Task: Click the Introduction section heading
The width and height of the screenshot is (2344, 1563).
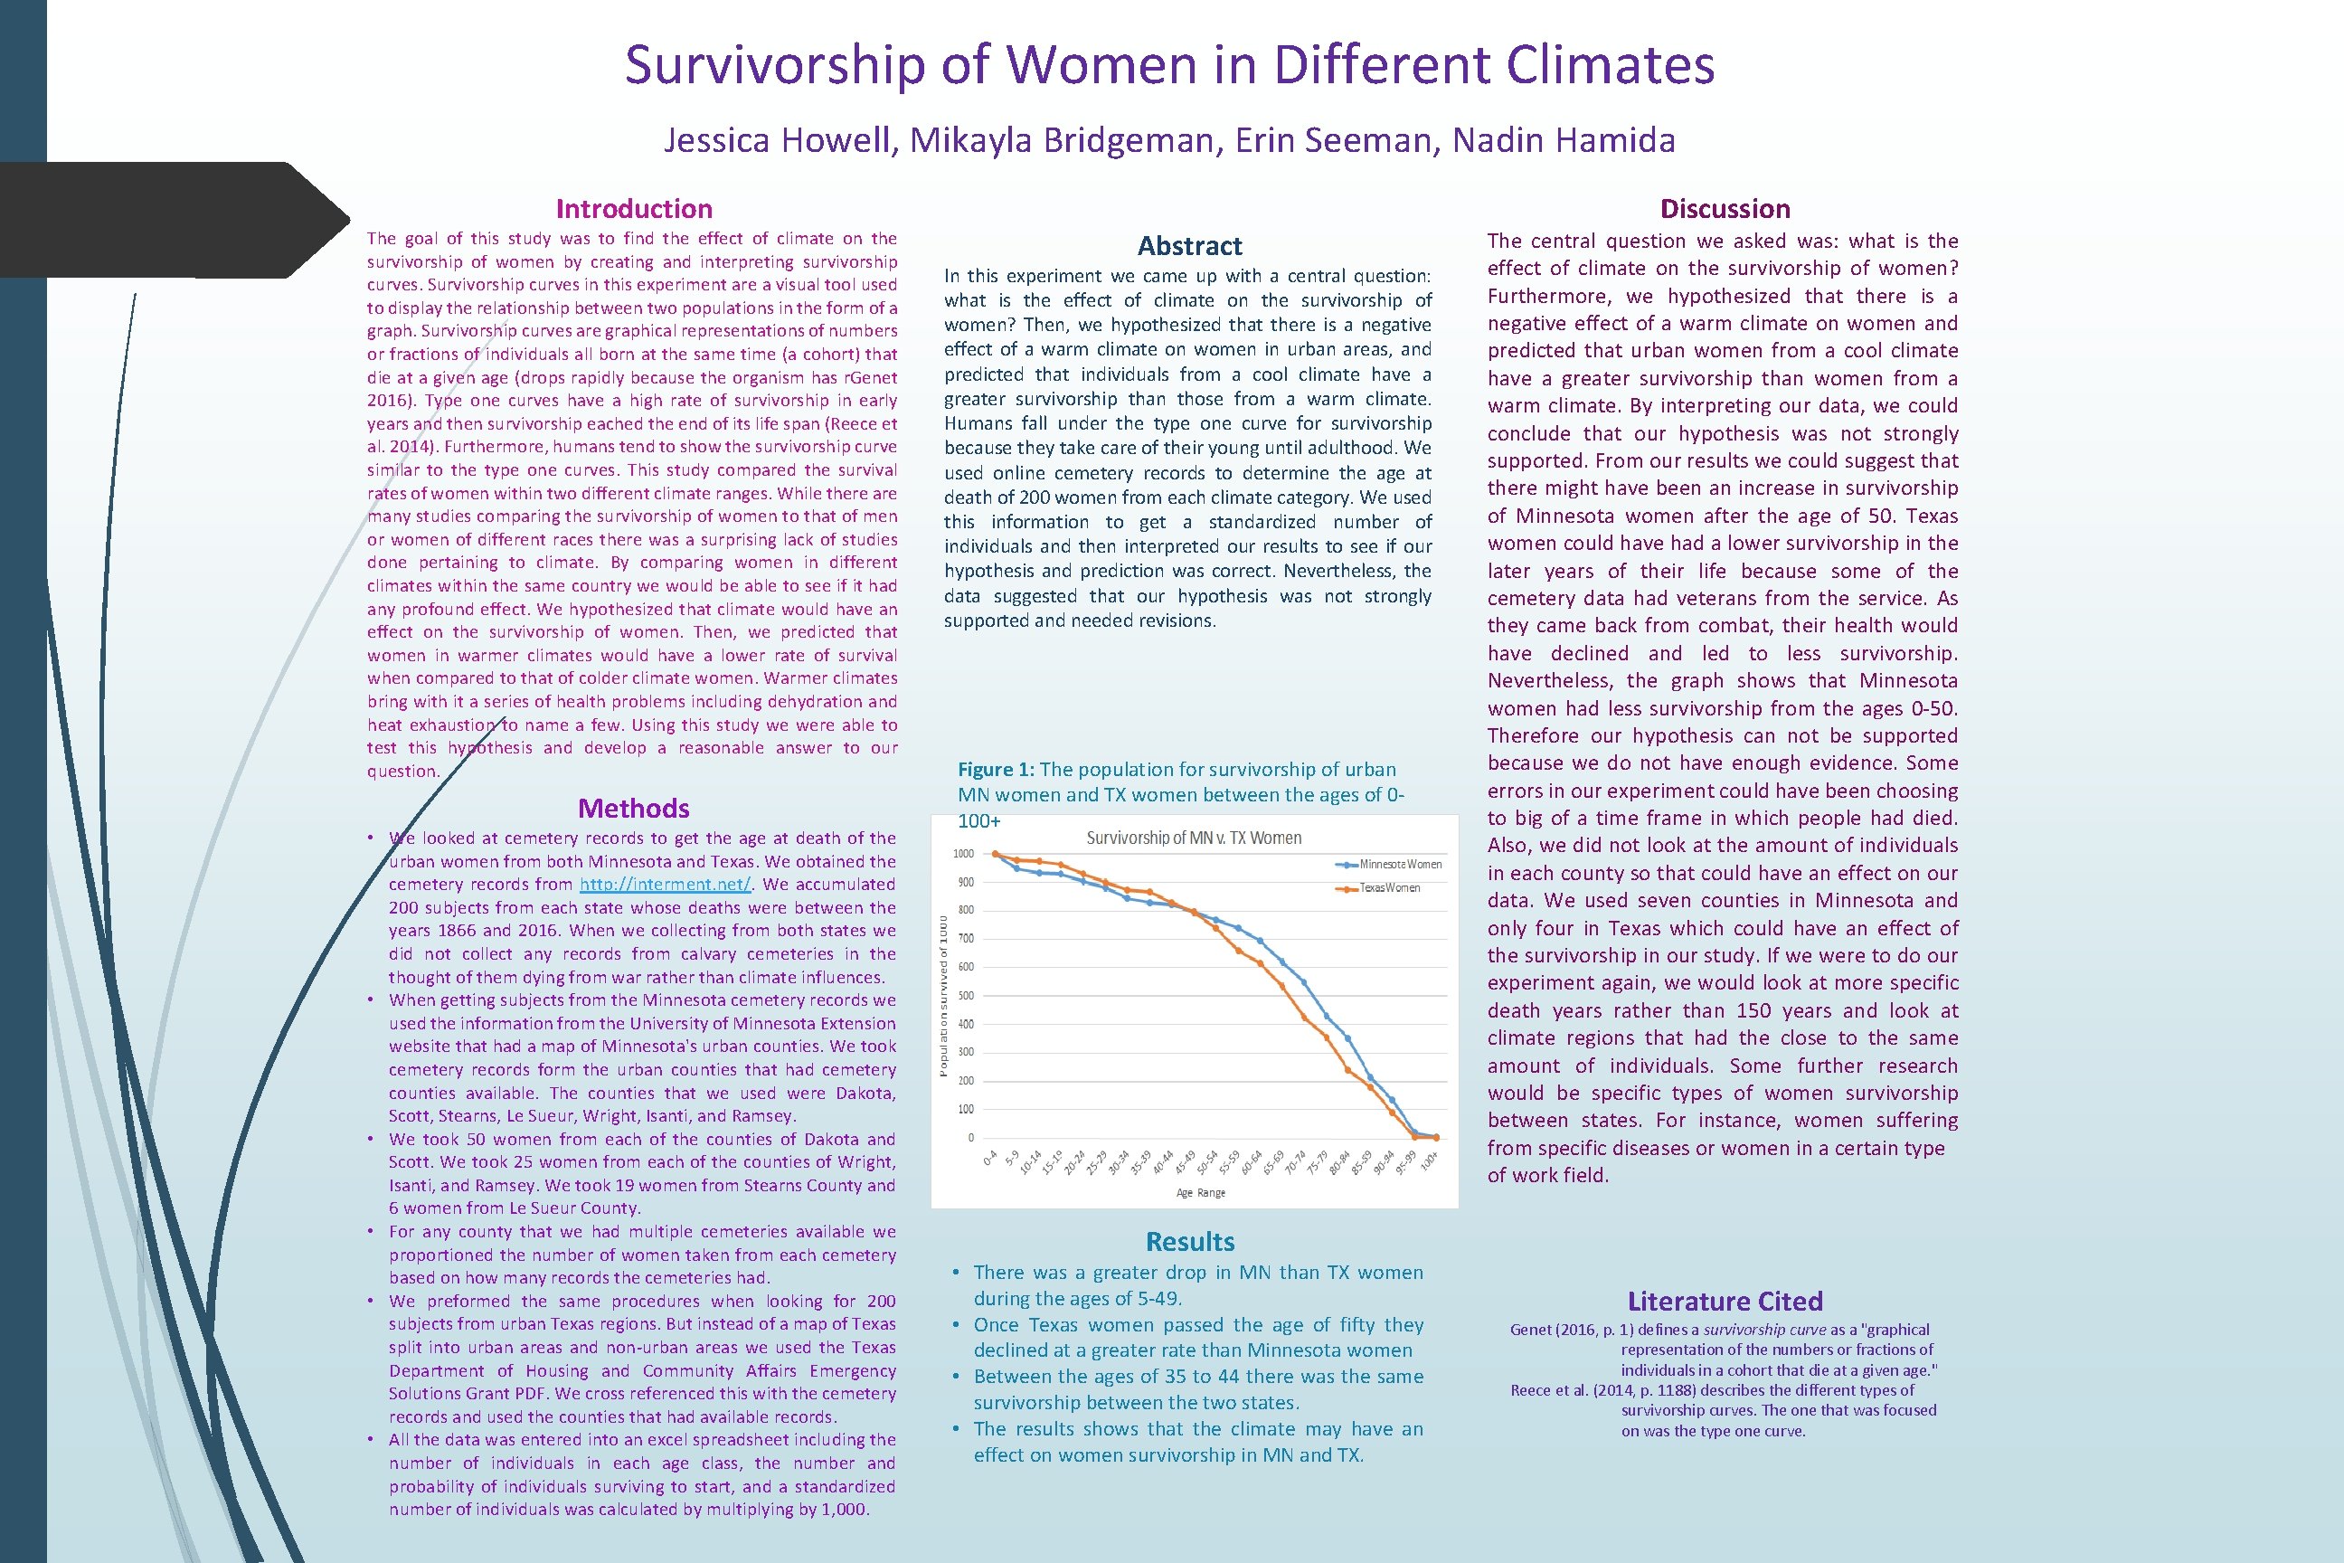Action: click(x=634, y=208)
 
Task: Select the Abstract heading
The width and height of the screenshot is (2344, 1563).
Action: click(x=1190, y=245)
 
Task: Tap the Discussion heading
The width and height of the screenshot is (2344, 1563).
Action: click(x=1725, y=208)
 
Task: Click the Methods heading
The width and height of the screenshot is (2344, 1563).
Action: click(x=634, y=808)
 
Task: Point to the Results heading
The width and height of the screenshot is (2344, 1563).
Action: click(x=1190, y=1241)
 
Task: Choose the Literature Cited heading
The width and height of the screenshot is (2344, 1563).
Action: click(x=1725, y=1301)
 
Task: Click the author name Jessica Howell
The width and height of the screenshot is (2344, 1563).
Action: click(x=780, y=140)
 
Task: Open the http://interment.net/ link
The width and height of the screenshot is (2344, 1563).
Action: click(x=665, y=885)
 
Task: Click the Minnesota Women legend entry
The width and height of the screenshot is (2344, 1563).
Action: click(x=1399, y=864)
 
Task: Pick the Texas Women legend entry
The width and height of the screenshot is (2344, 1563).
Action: click(x=1389, y=887)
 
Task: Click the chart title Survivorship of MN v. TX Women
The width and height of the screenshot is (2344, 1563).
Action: click(x=1193, y=838)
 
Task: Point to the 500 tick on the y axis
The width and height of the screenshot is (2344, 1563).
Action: click(x=965, y=996)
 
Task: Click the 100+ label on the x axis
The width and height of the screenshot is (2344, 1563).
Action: click(x=1428, y=1160)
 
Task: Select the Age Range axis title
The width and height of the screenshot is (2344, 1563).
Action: click(x=1200, y=1192)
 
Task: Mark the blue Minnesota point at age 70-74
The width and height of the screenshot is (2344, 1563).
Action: click(x=1303, y=983)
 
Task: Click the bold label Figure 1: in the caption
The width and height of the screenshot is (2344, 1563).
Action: click(x=996, y=770)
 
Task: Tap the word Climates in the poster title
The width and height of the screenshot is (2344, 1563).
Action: click(x=1610, y=65)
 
